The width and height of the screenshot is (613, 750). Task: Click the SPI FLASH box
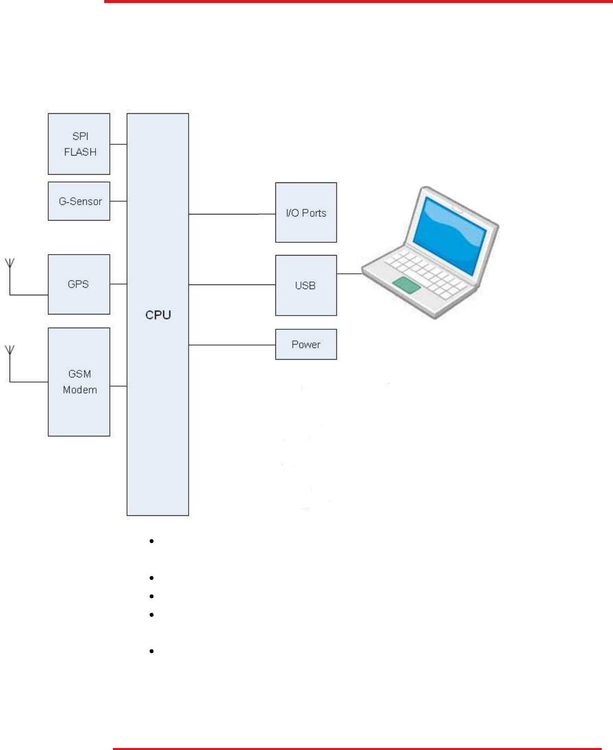pos(79,144)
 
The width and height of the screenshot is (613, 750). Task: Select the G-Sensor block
pos(79,201)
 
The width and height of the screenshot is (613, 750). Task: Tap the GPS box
pos(79,285)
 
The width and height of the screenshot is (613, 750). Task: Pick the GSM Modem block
pos(79,382)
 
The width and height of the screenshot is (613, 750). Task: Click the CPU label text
pos(158,315)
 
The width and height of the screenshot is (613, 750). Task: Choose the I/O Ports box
pos(306,213)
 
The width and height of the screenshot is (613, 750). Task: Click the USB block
pos(306,285)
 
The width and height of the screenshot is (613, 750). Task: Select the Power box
pos(306,344)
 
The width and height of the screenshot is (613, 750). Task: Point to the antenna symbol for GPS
pos(10,264)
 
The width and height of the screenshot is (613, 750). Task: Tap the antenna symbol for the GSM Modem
pos(10,350)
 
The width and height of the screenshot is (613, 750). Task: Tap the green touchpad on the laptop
pos(407,285)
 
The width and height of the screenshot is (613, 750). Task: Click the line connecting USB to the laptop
pos(349,274)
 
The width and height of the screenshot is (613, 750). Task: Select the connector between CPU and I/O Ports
pos(232,214)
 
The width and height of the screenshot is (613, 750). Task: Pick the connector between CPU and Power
pos(232,345)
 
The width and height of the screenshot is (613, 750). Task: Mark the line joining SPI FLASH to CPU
pos(118,144)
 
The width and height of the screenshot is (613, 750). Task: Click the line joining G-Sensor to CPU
pos(118,201)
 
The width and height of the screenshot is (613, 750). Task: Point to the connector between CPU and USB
pos(232,285)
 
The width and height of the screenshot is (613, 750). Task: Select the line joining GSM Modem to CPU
pos(118,386)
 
